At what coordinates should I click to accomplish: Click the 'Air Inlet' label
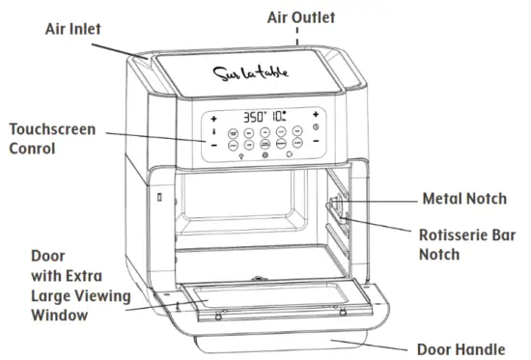tap(73, 28)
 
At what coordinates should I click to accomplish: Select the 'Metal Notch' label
tap(463, 199)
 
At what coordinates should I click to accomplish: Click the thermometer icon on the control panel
tap(213, 130)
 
